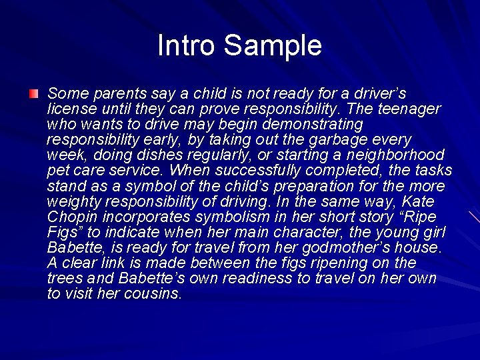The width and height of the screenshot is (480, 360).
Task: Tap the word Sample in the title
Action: click(273, 45)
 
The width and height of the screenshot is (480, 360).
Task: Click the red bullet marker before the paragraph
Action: click(33, 93)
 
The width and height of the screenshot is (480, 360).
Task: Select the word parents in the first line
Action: click(109, 93)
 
